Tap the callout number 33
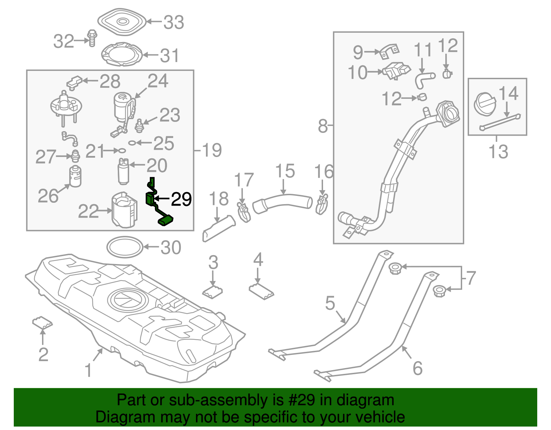[174, 22]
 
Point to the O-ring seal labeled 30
[125, 247]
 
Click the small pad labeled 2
[42, 323]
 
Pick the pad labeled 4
[261, 291]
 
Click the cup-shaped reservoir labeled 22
[124, 210]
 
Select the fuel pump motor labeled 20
[123, 171]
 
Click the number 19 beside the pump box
[211, 150]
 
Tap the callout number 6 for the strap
[417, 368]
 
